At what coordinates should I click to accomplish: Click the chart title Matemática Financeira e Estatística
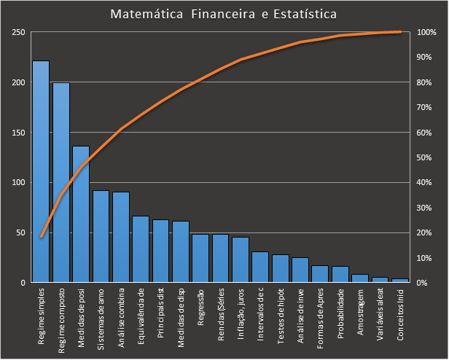point(224,15)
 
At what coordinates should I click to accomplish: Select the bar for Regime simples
point(41,171)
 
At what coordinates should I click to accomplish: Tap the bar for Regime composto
point(61,182)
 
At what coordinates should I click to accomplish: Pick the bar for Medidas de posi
point(81,214)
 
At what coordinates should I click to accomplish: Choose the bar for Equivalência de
point(141,249)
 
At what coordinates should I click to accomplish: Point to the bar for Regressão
point(200,258)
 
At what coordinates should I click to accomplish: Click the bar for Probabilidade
point(340,274)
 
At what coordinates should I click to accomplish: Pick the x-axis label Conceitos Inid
point(400,314)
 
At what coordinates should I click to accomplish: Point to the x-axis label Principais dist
point(161,313)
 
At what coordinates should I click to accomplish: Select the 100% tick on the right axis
point(427,33)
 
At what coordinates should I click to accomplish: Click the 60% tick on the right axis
point(426,133)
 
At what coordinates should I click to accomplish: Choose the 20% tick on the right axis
point(426,232)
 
